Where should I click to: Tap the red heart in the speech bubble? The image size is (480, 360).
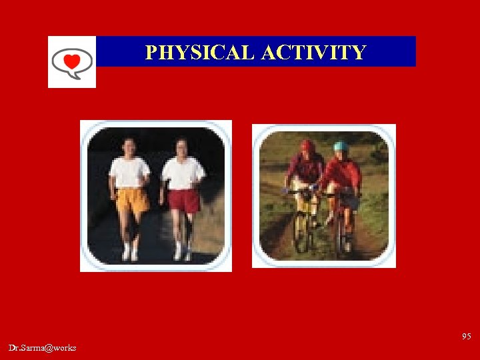72,62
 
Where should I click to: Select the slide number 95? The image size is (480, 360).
466,337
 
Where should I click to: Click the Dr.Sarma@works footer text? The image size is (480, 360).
43,348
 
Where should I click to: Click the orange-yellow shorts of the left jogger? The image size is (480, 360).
132,199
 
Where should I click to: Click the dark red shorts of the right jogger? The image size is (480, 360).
183,199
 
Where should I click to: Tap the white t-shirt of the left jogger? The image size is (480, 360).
130,172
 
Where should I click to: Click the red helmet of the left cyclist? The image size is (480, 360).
307,145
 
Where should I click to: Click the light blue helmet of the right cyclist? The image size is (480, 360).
341,147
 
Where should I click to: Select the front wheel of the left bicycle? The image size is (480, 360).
301,231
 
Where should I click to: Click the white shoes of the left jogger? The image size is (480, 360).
129,254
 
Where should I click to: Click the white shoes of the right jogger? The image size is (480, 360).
182,254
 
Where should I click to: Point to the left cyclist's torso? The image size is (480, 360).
305,170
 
